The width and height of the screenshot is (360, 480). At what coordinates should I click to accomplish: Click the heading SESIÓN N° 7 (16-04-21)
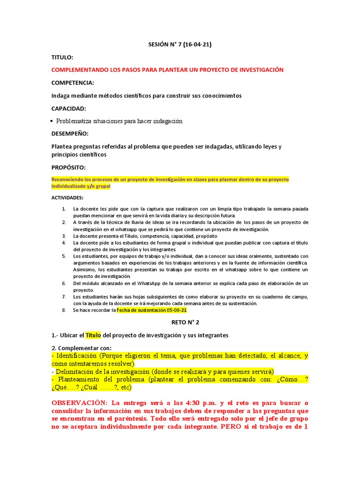tap(180, 45)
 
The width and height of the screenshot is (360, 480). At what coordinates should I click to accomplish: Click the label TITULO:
tap(62, 57)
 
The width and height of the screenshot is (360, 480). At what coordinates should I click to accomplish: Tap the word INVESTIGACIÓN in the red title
tap(261, 70)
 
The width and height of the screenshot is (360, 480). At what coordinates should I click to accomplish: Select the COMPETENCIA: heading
tap(73, 82)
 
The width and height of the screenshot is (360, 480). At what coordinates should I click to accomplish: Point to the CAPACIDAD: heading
tap(69, 108)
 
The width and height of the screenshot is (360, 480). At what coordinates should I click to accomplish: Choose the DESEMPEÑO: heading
tap(70, 134)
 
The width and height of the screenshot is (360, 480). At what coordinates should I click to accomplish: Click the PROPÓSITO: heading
tap(68, 167)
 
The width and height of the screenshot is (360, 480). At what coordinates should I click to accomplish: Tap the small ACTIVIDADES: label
tap(67, 198)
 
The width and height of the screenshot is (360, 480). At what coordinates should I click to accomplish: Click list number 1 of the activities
tap(64, 209)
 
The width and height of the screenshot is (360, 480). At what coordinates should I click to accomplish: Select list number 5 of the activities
tap(64, 256)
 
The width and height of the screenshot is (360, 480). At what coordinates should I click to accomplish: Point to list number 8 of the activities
tap(64, 310)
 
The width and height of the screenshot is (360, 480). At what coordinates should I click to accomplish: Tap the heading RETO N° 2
tap(180, 322)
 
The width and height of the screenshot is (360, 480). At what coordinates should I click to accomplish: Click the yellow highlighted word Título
tap(93, 335)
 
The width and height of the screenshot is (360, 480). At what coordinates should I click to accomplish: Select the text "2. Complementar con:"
tap(82, 348)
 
